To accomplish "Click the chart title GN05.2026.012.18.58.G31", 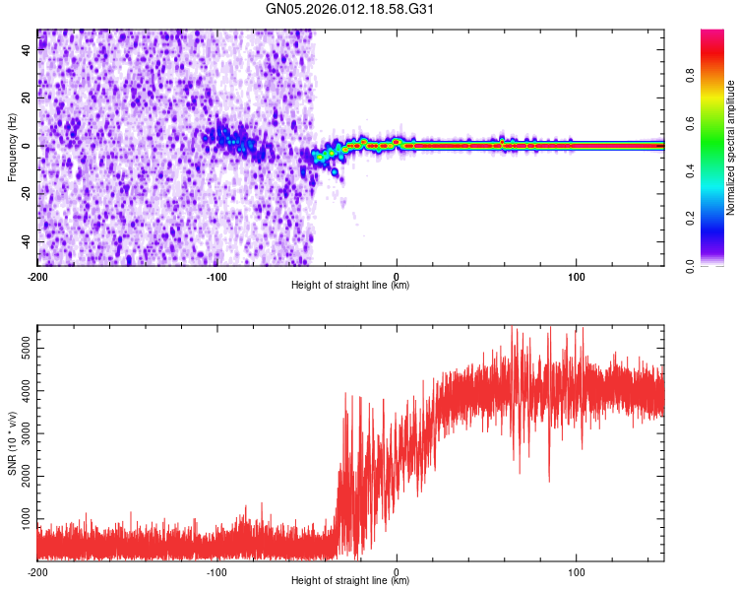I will pos(350,11).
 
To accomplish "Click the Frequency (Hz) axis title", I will pos(12,148).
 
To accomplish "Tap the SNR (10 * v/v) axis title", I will pos(12,443).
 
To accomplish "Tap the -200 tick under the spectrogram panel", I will pos(37,277).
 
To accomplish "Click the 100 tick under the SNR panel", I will pos(576,572).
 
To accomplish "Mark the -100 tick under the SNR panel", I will pos(216,572).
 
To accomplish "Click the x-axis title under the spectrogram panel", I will pos(350,287).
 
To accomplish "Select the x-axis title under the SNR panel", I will pos(350,582).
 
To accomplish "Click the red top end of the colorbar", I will pos(712,34).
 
